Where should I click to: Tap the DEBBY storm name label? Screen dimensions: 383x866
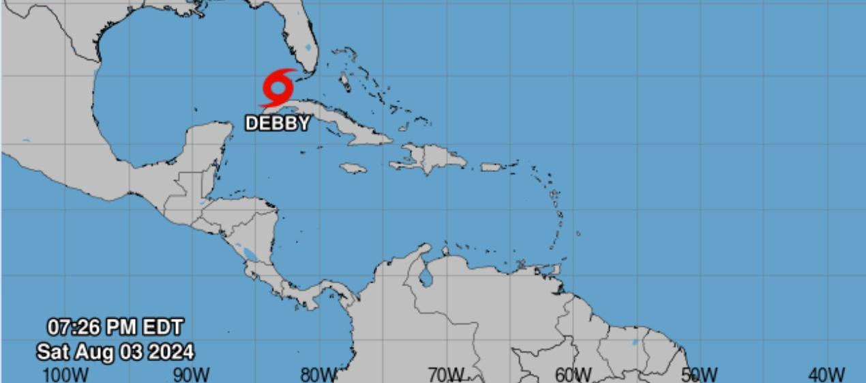click(x=278, y=124)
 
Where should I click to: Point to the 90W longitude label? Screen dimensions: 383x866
click(x=192, y=374)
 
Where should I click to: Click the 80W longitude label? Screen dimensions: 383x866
click(x=318, y=374)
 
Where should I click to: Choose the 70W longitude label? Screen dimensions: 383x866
click(x=446, y=374)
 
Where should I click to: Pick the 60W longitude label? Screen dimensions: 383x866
click(x=573, y=374)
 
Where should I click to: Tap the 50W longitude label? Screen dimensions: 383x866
click(x=699, y=374)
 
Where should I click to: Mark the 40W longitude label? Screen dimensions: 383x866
click(x=826, y=374)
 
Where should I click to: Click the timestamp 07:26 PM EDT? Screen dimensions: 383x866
click(x=115, y=326)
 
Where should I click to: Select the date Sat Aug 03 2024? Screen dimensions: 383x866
click(x=115, y=352)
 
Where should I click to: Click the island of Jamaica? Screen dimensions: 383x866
click(x=353, y=168)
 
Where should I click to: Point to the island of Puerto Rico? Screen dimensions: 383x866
click(x=491, y=167)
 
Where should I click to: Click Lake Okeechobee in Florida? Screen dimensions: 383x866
click(x=309, y=48)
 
